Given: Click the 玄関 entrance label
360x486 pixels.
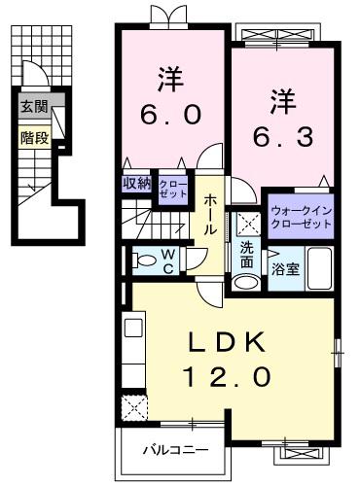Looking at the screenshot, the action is pyautogui.click(x=34, y=106).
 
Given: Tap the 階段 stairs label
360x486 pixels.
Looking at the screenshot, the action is pyautogui.click(x=35, y=138).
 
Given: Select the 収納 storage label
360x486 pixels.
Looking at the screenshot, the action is pyautogui.click(x=137, y=184).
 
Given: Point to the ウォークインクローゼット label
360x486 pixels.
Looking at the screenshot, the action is pyautogui.click(x=302, y=217).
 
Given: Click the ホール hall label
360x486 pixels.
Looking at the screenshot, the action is pyautogui.click(x=210, y=215).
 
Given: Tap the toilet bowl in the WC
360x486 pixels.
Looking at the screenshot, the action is pyautogui.click(x=144, y=260).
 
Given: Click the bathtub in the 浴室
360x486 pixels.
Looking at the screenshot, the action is pyautogui.click(x=319, y=268).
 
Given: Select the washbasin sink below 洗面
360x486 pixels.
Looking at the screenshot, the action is pyautogui.click(x=246, y=283).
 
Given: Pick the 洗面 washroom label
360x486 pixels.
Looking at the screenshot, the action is pyautogui.click(x=246, y=256).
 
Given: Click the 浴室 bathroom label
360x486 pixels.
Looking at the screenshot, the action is pyautogui.click(x=285, y=269).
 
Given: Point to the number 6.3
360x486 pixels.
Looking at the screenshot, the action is pyautogui.click(x=283, y=136).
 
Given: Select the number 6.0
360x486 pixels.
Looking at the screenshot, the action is pyautogui.click(x=171, y=115).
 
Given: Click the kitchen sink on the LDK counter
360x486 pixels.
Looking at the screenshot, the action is pyautogui.click(x=133, y=328).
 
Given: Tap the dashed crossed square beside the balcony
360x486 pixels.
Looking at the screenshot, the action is pyautogui.click(x=134, y=407).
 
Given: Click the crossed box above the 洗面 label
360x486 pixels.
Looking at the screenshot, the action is pyautogui.click(x=248, y=225).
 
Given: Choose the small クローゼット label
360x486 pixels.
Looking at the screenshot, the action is pyautogui.click(x=173, y=190).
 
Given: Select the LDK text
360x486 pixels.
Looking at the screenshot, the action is pyautogui.click(x=228, y=343).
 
